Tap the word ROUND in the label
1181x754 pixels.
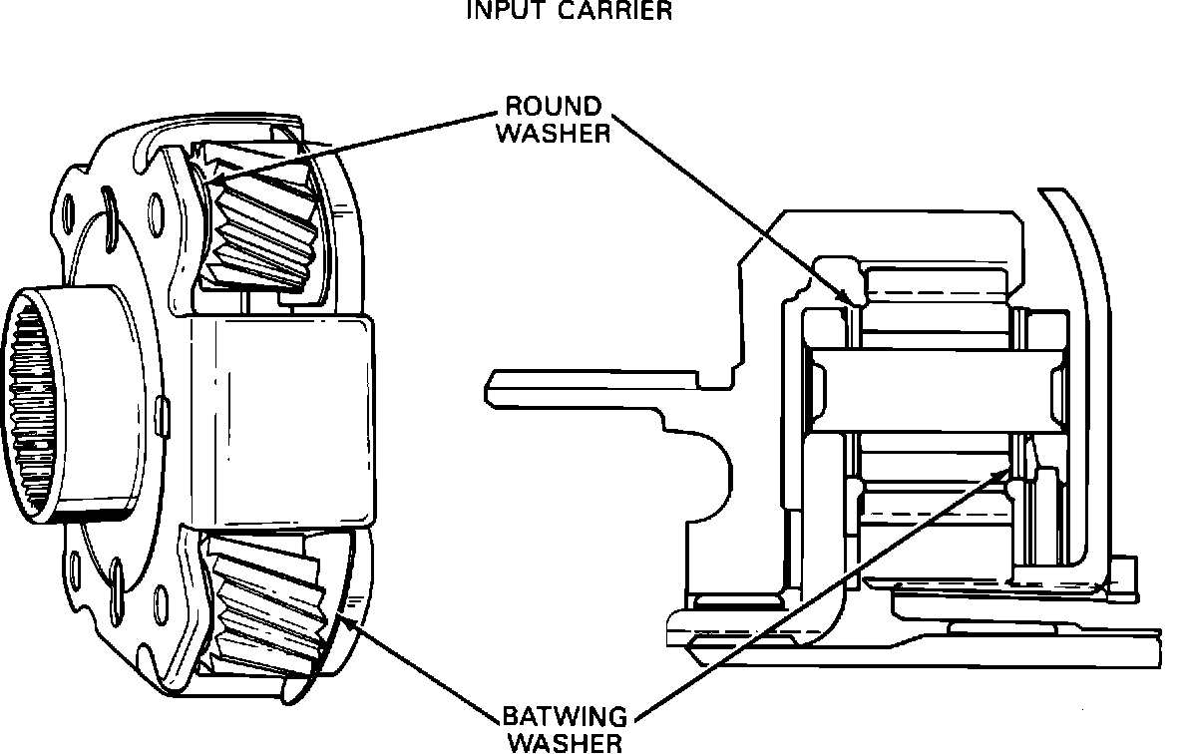tap(554, 107)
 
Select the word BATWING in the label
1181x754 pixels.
tap(565, 718)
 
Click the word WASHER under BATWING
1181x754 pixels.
tap(565, 742)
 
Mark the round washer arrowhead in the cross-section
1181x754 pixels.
tap(848, 296)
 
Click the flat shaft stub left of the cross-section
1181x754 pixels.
tap(589, 386)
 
